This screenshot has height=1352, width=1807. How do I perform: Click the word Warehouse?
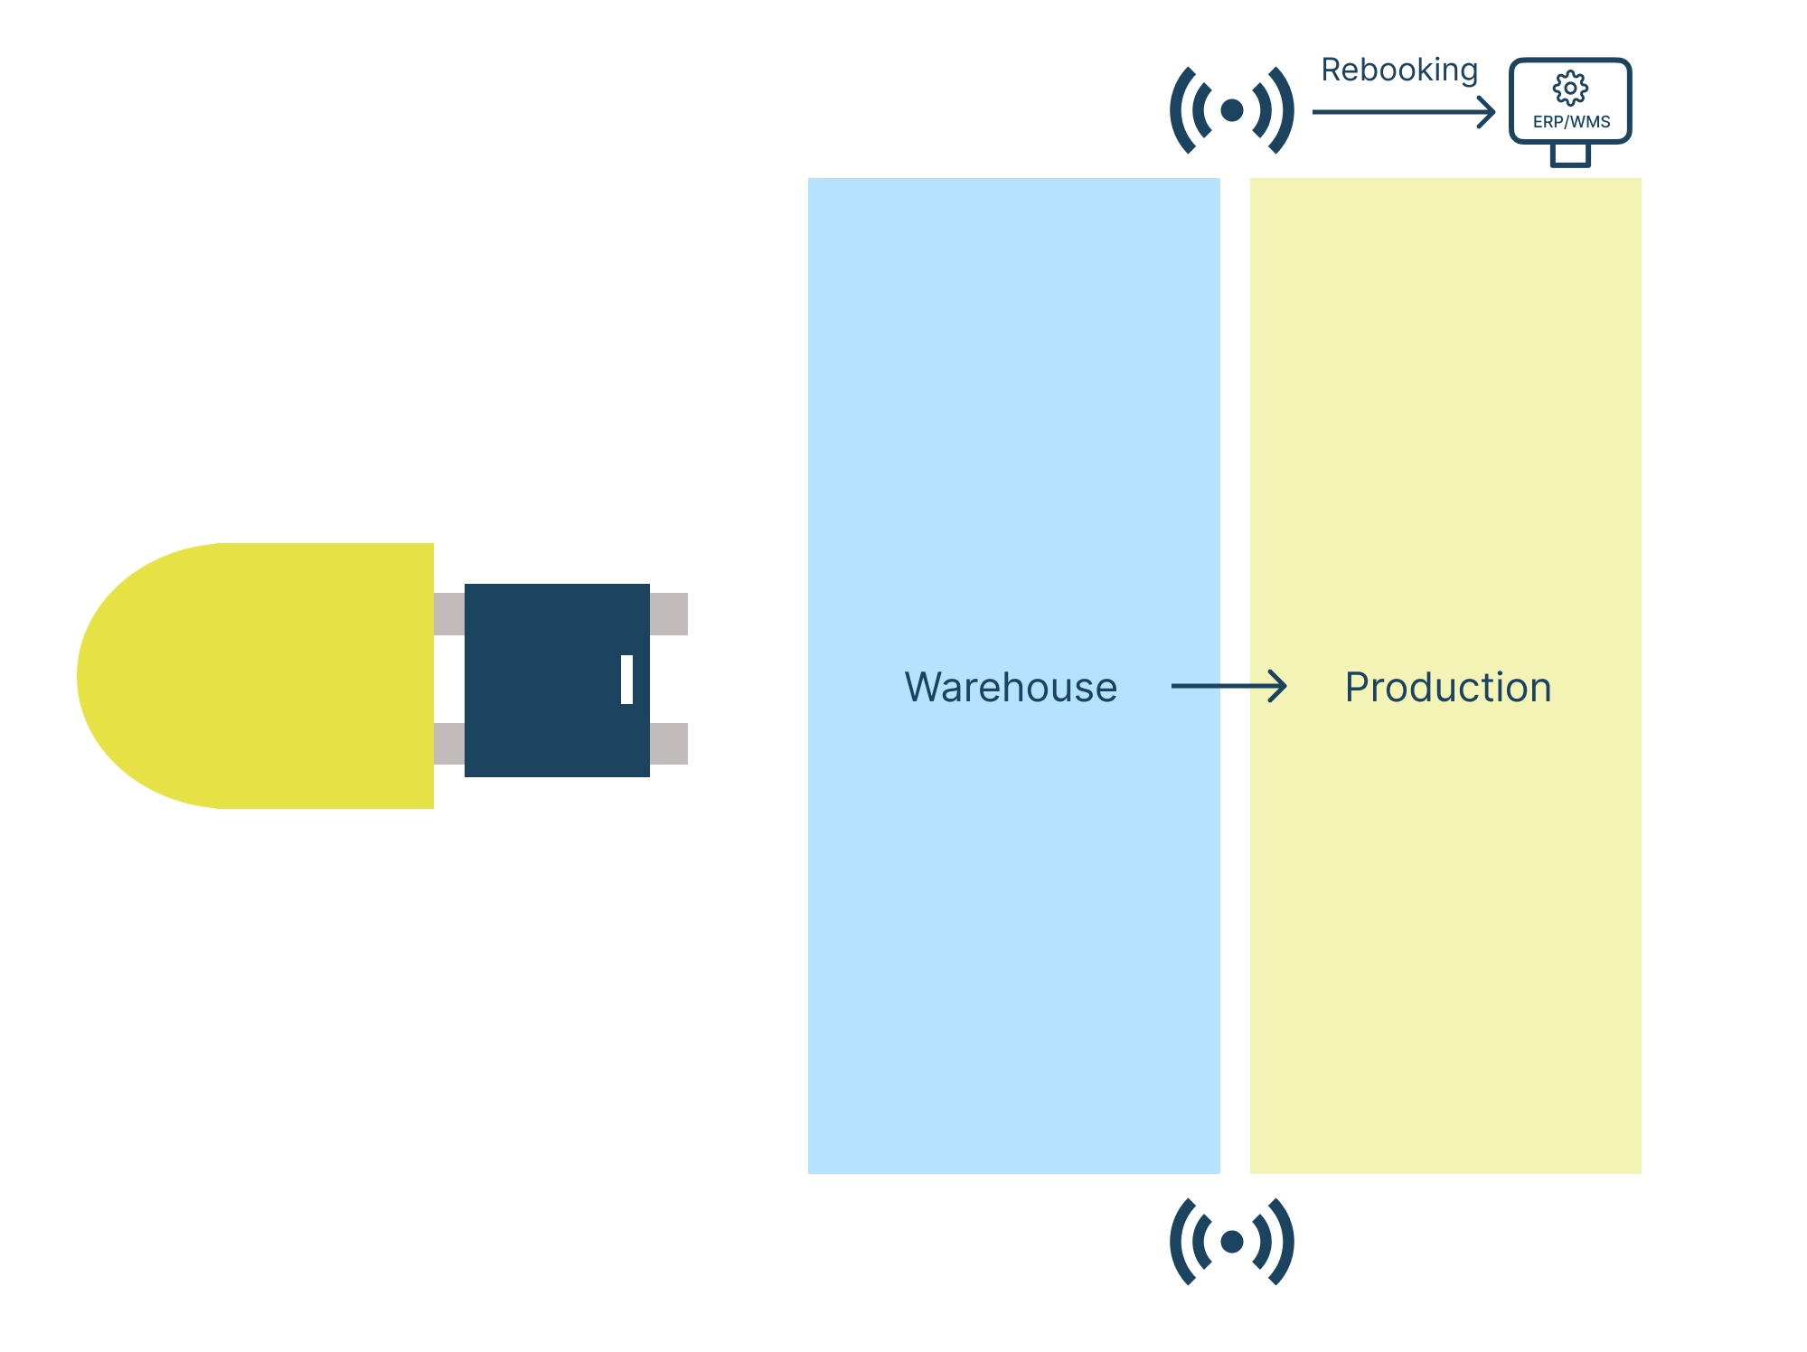pyautogui.click(x=1011, y=688)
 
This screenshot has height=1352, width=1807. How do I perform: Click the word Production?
pyautogui.click(x=1447, y=688)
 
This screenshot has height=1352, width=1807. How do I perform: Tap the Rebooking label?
pyautogui.click(x=1398, y=70)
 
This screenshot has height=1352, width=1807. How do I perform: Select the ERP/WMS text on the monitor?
pyautogui.click(x=1571, y=122)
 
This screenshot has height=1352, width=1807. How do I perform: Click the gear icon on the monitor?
pyautogui.click(x=1570, y=89)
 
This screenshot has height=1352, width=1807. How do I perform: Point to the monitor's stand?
pyautogui.click(x=1570, y=155)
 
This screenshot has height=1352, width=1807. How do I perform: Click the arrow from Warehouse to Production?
pyautogui.click(x=1228, y=686)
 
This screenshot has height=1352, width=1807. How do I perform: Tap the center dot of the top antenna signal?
pyautogui.click(x=1231, y=110)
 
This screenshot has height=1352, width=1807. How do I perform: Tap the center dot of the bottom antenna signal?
pyautogui.click(x=1231, y=1242)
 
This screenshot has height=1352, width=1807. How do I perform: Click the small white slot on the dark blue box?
pyautogui.click(x=626, y=680)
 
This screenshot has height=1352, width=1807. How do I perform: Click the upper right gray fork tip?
pyautogui.click(x=669, y=614)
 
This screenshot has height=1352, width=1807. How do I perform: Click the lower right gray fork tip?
pyautogui.click(x=669, y=744)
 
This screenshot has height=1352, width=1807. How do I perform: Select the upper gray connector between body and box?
pyautogui.click(x=449, y=614)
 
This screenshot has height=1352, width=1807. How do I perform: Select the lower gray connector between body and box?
pyautogui.click(x=449, y=744)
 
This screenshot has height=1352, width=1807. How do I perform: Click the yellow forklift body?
pyautogui.click(x=262, y=676)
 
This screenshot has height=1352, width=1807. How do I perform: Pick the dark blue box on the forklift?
pyautogui.click(x=542, y=680)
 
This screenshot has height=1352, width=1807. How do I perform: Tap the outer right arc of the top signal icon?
pyautogui.click(x=1285, y=110)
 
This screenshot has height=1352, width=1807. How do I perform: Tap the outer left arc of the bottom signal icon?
pyautogui.click(x=1178, y=1242)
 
